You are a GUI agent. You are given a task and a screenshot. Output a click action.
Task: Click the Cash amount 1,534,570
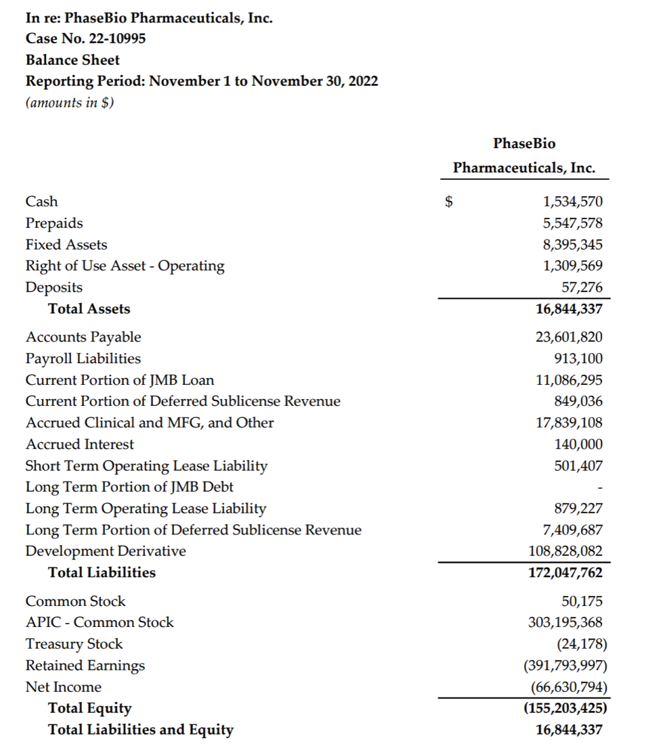(x=572, y=202)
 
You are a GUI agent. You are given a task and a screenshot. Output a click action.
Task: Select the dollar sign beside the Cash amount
(x=447, y=202)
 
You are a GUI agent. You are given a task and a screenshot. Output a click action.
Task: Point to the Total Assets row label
(x=89, y=309)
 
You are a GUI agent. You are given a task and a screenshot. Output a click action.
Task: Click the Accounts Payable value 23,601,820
(x=569, y=337)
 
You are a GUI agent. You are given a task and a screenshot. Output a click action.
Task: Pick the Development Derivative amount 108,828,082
(x=565, y=551)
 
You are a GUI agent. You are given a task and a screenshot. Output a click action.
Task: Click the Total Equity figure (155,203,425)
(x=565, y=708)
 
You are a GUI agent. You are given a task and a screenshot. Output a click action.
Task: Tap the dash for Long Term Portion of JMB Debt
(x=600, y=487)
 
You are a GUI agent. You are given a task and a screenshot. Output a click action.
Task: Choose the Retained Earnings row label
(x=85, y=666)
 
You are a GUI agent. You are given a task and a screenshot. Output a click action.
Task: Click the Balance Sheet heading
(x=72, y=60)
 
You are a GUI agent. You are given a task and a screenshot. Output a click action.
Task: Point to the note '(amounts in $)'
(x=69, y=103)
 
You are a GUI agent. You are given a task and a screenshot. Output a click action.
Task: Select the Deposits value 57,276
(x=582, y=287)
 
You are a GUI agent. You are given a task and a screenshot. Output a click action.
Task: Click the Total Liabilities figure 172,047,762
(x=565, y=573)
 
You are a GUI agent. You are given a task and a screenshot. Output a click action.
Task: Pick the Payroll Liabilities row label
(x=83, y=358)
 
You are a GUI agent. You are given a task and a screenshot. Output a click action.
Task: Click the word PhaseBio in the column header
(x=524, y=143)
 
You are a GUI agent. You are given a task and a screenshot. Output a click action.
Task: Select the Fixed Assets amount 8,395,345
(x=572, y=245)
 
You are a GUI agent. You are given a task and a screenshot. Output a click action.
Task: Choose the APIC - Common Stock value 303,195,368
(x=565, y=622)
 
